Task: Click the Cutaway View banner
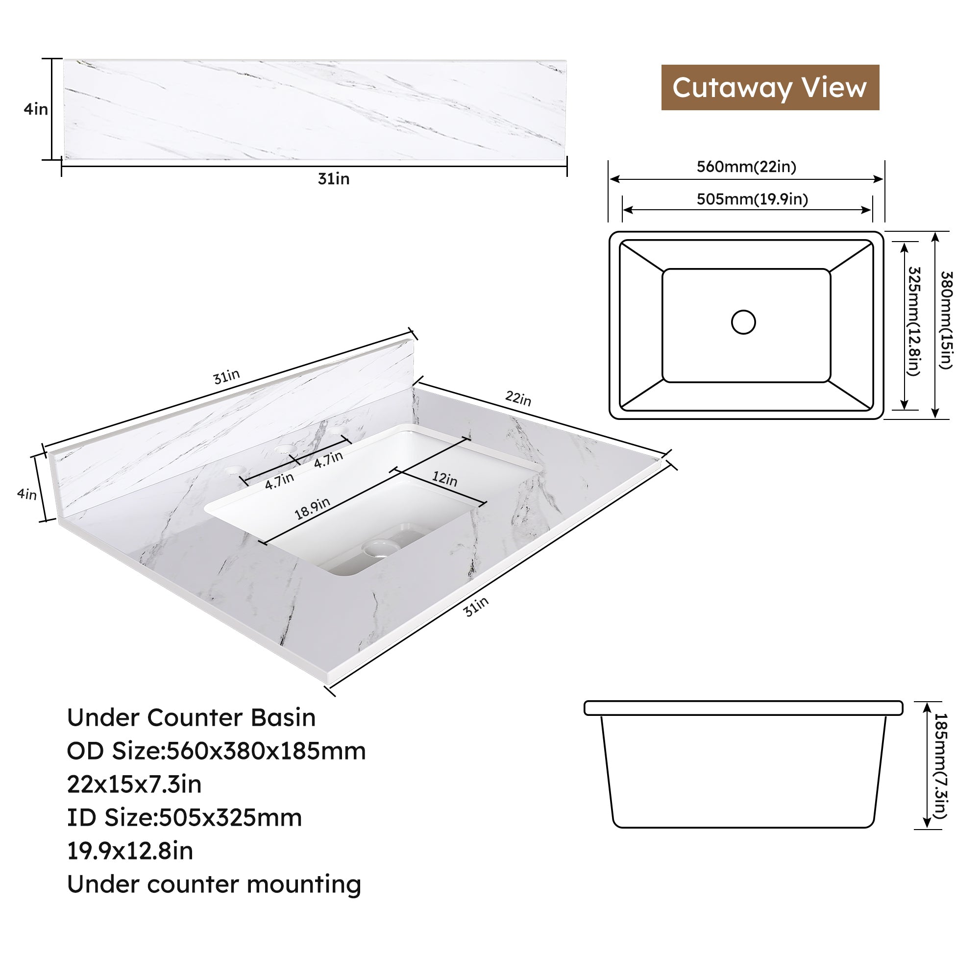click(770, 87)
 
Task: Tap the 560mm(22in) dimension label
click(746, 167)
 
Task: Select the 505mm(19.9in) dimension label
click(752, 199)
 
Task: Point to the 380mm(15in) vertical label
click(947, 320)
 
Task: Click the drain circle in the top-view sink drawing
click(744, 322)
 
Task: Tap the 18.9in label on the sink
click(313, 508)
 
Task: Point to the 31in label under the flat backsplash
click(334, 179)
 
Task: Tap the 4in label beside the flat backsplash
click(36, 109)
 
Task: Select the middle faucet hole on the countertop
click(285, 449)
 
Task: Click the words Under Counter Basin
click(191, 718)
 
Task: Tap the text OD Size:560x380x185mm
click(217, 751)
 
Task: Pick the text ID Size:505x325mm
click(185, 818)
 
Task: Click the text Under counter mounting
click(214, 884)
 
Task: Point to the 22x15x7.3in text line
click(134, 784)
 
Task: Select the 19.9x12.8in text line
click(130, 851)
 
